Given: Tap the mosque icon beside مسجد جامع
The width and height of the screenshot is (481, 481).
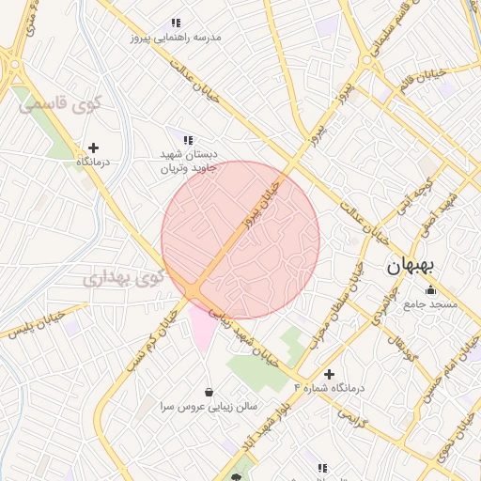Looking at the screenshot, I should tap(430, 289).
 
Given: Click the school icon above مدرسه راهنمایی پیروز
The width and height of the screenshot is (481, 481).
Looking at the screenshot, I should tap(175, 23).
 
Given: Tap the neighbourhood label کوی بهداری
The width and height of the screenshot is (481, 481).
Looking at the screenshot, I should tap(123, 278).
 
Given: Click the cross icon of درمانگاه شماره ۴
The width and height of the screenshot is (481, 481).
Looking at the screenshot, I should tap(329, 374).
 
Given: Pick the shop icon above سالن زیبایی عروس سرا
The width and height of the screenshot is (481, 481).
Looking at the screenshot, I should tap(208, 392).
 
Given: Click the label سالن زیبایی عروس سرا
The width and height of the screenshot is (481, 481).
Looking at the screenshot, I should tap(209, 407).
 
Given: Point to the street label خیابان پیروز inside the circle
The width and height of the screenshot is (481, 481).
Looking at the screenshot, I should tap(262, 205).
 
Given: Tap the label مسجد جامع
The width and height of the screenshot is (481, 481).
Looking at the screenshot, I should tap(430, 304).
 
